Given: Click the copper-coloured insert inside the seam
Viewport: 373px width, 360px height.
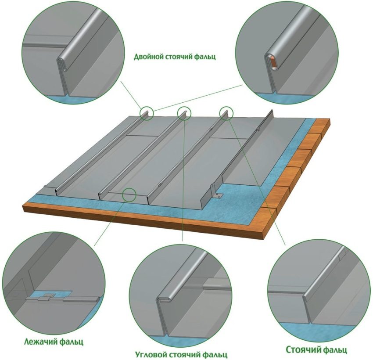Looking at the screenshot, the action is pyautogui.click(x=273, y=62).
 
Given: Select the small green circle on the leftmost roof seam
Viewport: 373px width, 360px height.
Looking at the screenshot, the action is pyautogui.click(x=147, y=113).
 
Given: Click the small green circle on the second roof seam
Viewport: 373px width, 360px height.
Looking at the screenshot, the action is pyautogui.click(x=184, y=113).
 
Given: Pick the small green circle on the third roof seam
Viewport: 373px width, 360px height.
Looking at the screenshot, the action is pyautogui.click(x=226, y=113).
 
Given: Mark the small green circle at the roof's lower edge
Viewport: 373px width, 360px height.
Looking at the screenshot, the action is pyautogui.click(x=129, y=194).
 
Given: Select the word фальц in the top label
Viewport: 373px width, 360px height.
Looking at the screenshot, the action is pyautogui.click(x=205, y=57).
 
